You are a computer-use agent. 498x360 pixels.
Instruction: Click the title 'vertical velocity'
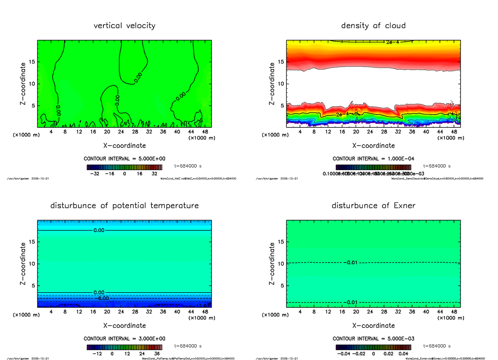tap(124, 26)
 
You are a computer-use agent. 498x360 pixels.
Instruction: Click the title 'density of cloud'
tap(373, 26)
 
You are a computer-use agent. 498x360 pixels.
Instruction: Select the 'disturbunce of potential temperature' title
tap(124, 206)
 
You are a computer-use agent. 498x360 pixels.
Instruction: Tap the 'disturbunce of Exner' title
tap(373, 206)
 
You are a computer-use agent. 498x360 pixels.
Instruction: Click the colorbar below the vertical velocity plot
tap(124, 168)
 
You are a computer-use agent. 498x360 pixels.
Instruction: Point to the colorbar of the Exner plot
tap(373, 347)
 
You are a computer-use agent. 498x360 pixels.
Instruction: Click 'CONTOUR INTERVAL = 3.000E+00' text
tap(124, 339)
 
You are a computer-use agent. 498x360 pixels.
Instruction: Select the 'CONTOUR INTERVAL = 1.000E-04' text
tap(373, 159)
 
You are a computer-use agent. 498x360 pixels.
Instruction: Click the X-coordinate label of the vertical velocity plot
tap(124, 146)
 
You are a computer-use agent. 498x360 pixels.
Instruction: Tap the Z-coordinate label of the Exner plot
tap(272, 264)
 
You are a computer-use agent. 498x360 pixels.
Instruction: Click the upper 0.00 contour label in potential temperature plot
tap(99, 230)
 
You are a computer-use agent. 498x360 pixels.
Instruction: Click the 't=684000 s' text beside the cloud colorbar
tap(437, 166)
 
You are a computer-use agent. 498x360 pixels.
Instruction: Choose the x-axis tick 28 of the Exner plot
tap(385, 311)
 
